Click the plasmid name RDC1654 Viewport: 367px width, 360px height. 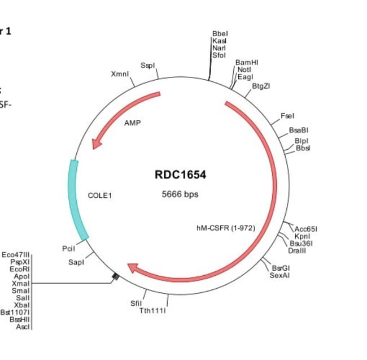click(x=180, y=175)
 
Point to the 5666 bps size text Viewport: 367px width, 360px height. click(x=180, y=194)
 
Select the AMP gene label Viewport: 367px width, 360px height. click(x=132, y=123)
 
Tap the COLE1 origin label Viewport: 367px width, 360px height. click(x=100, y=196)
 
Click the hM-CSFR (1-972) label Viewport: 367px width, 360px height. click(x=225, y=228)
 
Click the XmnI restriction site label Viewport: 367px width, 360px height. click(x=120, y=75)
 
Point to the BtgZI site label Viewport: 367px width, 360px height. click(x=261, y=86)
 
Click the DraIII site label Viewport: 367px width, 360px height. click(x=297, y=250)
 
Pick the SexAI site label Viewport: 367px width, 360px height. click(x=279, y=275)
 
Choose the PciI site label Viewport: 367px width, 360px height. click(x=68, y=248)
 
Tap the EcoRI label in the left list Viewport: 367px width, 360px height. click(x=20, y=269)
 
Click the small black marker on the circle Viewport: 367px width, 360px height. click(x=115, y=276)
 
